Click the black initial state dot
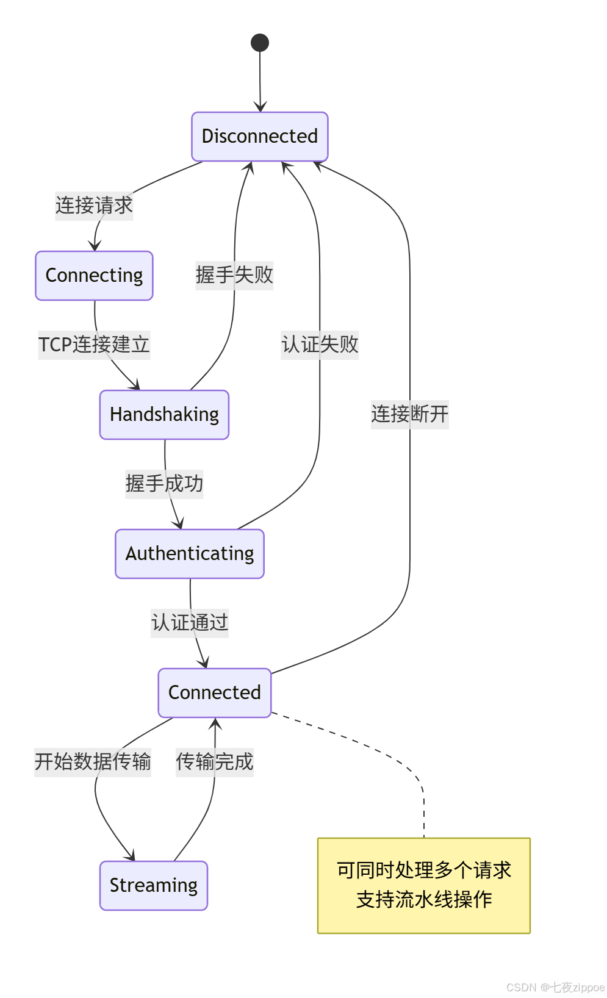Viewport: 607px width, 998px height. [x=260, y=43]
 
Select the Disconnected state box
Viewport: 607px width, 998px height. [x=260, y=137]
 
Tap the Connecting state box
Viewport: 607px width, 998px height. [x=94, y=276]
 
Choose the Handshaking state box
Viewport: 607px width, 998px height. [x=164, y=415]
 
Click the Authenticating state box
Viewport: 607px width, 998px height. [x=190, y=554]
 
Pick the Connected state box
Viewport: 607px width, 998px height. [x=214, y=693]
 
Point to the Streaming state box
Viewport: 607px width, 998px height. [x=154, y=886]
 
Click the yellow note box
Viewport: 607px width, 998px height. [x=424, y=886]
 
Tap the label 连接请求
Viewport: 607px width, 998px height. [x=94, y=206]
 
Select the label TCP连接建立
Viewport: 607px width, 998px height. [x=94, y=345]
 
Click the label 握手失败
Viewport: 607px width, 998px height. [x=234, y=275]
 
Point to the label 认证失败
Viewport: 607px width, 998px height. [x=320, y=345]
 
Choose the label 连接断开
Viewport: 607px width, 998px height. [x=410, y=414]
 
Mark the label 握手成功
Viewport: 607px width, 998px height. [x=164, y=484]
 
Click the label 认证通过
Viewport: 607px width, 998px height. [x=190, y=623]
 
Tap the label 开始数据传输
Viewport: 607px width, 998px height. [x=93, y=762]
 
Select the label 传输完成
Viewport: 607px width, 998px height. [x=215, y=762]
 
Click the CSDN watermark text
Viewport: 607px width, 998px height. [x=555, y=987]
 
